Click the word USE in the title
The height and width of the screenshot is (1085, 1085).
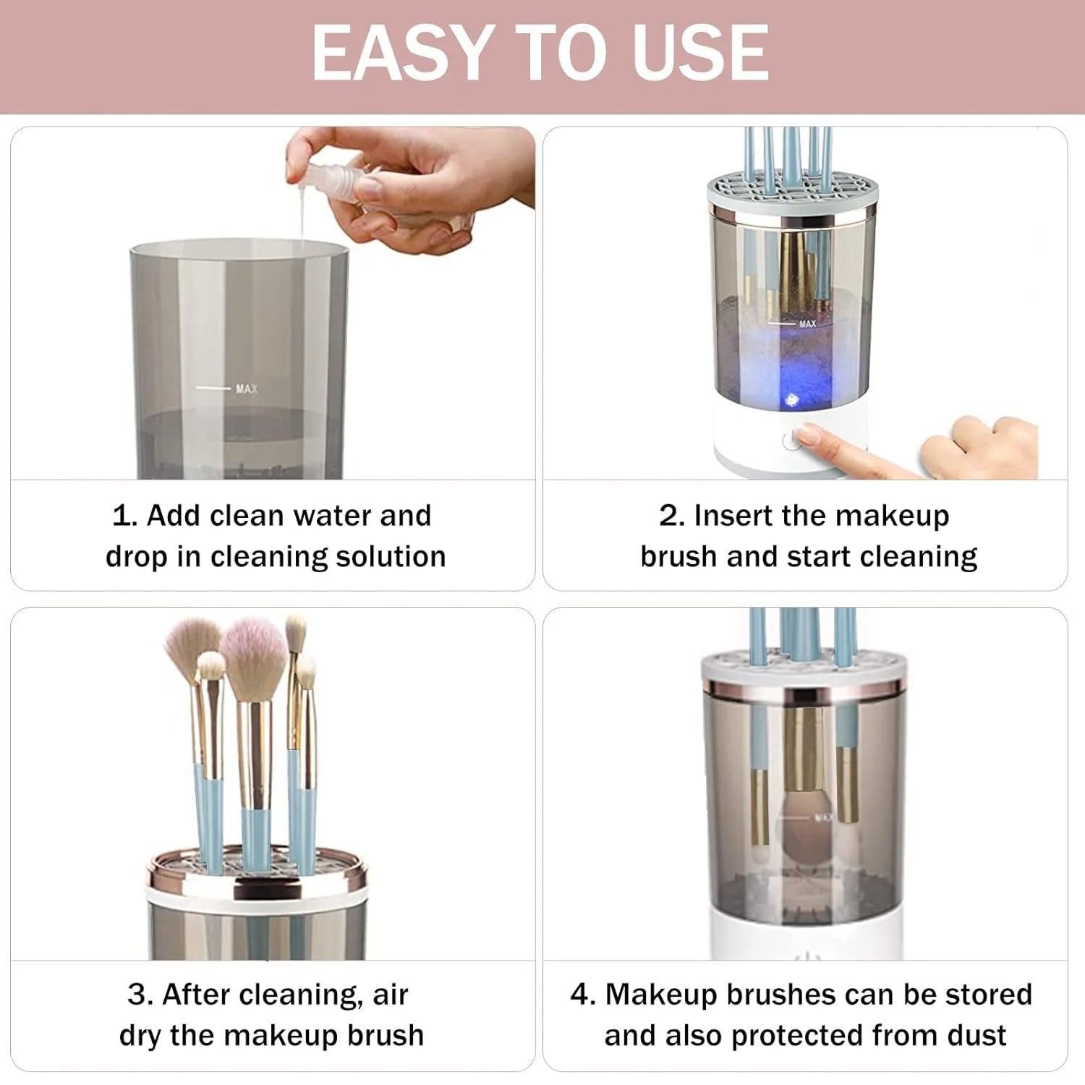coord(699,53)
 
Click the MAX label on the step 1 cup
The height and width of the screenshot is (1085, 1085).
coord(246,389)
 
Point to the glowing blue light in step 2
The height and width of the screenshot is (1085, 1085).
coord(791,399)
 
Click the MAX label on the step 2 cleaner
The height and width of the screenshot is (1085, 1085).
coord(807,324)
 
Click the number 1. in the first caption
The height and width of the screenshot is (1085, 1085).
coord(124,516)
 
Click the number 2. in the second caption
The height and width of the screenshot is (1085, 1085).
coord(671,516)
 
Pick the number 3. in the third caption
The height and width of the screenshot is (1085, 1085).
coord(140,995)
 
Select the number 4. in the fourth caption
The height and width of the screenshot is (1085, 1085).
coord(583,995)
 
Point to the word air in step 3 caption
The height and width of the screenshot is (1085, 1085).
coord(391,995)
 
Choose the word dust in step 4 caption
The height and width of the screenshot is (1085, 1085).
coord(976,1036)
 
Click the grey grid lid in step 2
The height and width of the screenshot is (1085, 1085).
coord(792,190)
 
